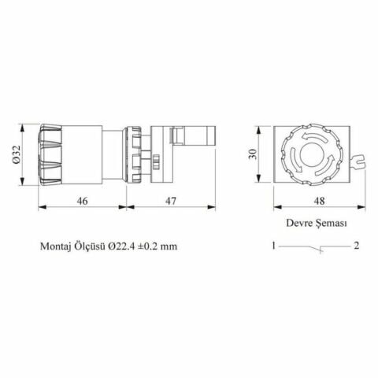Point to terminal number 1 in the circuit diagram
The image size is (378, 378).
[x=271, y=246]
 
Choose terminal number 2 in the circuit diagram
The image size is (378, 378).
[x=357, y=246]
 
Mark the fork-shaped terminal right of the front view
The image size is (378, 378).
[x=361, y=164]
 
